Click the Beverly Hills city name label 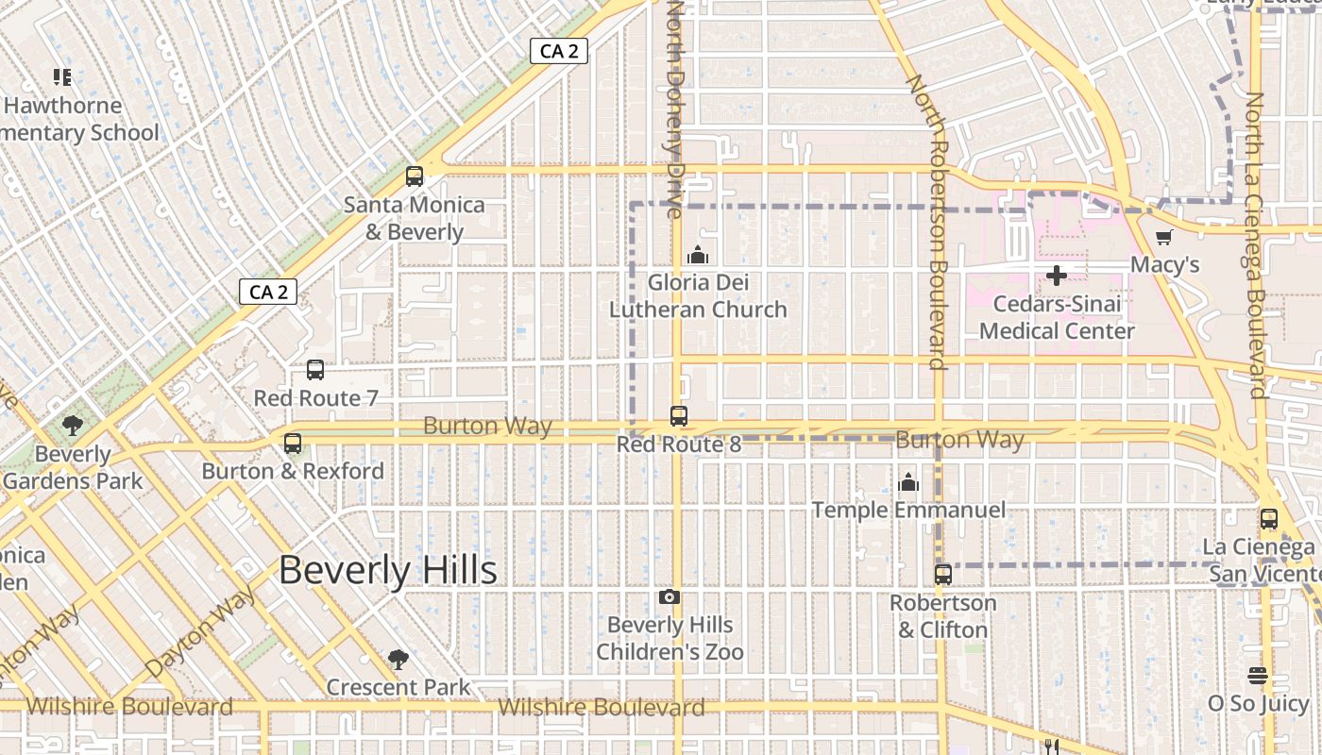coord(388,570)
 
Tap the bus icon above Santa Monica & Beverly coord(414,176)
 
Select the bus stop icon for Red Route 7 coord(315,370)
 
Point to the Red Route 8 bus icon coord(678,415)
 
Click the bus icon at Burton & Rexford coord(293,443)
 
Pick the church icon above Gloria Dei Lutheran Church coord(698,255)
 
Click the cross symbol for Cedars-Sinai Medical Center coord(1057,276)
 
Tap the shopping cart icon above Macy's coord(1163,238)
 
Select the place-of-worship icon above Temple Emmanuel coord(908,483)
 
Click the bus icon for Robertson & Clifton coord(942,574)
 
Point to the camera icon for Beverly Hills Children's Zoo coord(669,596)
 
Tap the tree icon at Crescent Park coord(398,659)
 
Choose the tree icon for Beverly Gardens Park coord(73,426)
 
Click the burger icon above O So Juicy coord(1257,676)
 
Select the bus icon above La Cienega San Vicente coord(1268,518)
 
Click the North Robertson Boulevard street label coord(927,222)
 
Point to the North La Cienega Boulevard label coord(1255,245)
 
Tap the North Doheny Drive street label coord(675,109)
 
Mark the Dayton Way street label coord(201,629)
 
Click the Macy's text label coord(1165,264)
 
